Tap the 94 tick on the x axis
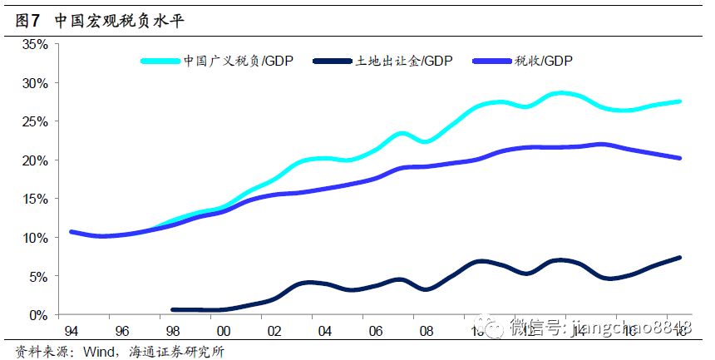pyautogui.click(x=71, y=331)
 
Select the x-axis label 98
pyautogui.click(x=173, y=331)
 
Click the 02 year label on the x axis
pyautogui.click(x=274, y=331)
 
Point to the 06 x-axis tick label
pyautogui.click(x=376, y=331)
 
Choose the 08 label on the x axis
pyautogui.click(x=427, y=331)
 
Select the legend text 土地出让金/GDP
pyautogui.click(x=405, y=61)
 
